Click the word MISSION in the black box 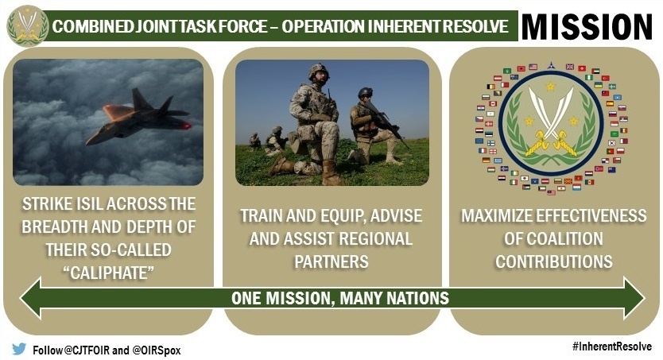click(x=588, y=25)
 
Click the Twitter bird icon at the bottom click(x=19, y=348)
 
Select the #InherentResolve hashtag click(x=611, y=346)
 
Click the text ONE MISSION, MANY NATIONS click(x=339, y=299)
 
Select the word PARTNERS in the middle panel click(x=332, y=260)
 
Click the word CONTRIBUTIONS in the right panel click(x=554, y=261)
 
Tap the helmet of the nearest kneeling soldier click(x=319, y=71)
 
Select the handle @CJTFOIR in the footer click(x=88, y=349)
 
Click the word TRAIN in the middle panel click(x=262, y=216)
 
